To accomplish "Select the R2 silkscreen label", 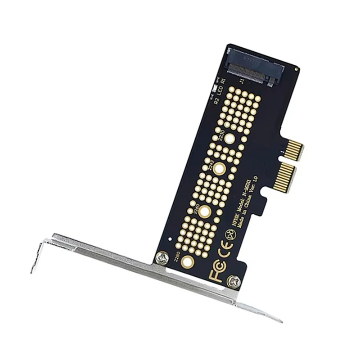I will pyautogui.click(x=217, y=99).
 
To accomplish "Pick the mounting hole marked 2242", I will pyautogui.click(x=219, y=169).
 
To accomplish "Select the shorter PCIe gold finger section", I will pyautogui.click(x=295, y=150).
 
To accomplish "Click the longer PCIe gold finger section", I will pyautogui.click(x=286, y=176).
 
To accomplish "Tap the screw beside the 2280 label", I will pyautogui.click(x=162, y=258).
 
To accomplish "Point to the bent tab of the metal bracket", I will pyautogui.click(x=38, y=256).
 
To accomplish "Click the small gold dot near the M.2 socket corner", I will pyautogui.click(x=297, y=69).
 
